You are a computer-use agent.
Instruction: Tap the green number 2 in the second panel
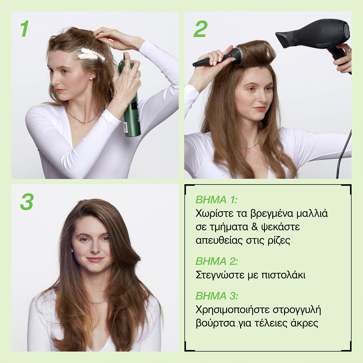pos(200,29)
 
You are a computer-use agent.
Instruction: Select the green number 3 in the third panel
pos(27,202)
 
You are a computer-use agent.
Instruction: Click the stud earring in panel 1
pos(91,79)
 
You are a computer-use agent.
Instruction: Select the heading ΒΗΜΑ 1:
pos(217,200)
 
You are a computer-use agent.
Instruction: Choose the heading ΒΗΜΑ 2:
pos(217,261)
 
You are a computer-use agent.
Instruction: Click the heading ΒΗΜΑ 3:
pos(217,296)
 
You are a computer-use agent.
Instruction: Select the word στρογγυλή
pos(297,310)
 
